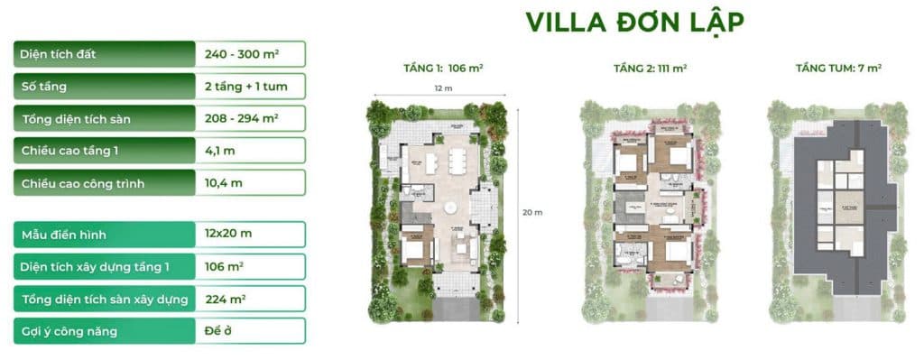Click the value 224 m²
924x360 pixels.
[226, 300]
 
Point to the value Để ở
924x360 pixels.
[219, 332]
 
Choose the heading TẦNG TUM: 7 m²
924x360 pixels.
[838, 69]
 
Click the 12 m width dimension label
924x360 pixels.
[436, 88]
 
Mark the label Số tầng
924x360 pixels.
[44, 87]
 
